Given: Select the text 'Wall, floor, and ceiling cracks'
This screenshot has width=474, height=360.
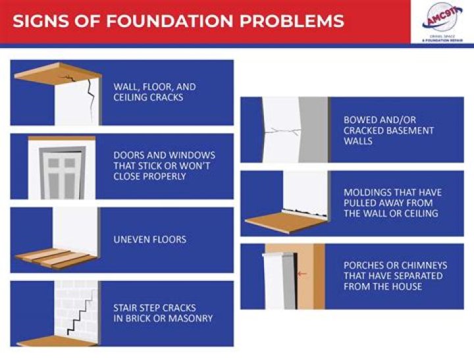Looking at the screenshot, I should coord(155,92).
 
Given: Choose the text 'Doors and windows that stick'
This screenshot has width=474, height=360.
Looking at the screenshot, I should coord(164,166).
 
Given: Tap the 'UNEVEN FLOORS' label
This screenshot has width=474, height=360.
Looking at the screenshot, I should coord(149,240).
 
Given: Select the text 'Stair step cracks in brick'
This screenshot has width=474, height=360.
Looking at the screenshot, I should coord(163,313).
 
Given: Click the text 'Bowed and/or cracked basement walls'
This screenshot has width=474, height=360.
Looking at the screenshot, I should coord(388,130).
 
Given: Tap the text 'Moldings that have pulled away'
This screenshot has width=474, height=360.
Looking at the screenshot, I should coord(392,203).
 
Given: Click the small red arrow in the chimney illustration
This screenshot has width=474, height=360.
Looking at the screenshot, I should coord(302,274).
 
